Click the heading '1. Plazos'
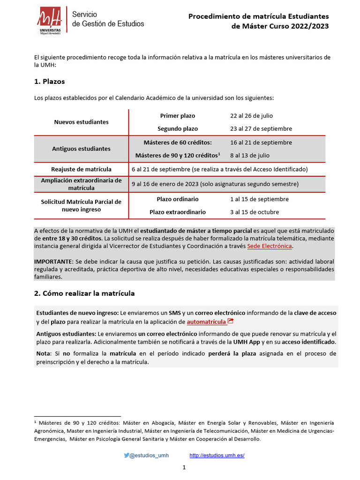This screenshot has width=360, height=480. pos(49,82)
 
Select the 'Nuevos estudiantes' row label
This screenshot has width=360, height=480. pos(81,122)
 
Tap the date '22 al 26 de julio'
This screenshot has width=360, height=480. pos(251,116)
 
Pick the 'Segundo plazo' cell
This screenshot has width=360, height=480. pos(178,128)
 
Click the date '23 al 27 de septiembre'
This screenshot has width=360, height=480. pos(261,128)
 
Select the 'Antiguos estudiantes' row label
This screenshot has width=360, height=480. pos(81,149)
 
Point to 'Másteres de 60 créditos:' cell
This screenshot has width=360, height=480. pos(178,142)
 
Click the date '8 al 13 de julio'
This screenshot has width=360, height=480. pos(250,155)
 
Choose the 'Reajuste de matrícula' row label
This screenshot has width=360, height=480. pos(81,169)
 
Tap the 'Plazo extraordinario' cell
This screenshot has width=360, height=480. pos(178,212)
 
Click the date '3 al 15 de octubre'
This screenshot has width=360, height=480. pos(255,212)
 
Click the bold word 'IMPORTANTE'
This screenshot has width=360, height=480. pos(53,261)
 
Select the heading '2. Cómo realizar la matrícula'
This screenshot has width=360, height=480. pos(84,293)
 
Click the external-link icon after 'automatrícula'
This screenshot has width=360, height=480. pos(230,321)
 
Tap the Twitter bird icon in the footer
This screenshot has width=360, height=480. pos(127,455)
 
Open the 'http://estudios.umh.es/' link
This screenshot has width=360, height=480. pos(217,455)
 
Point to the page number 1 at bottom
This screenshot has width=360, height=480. pos(184,467)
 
